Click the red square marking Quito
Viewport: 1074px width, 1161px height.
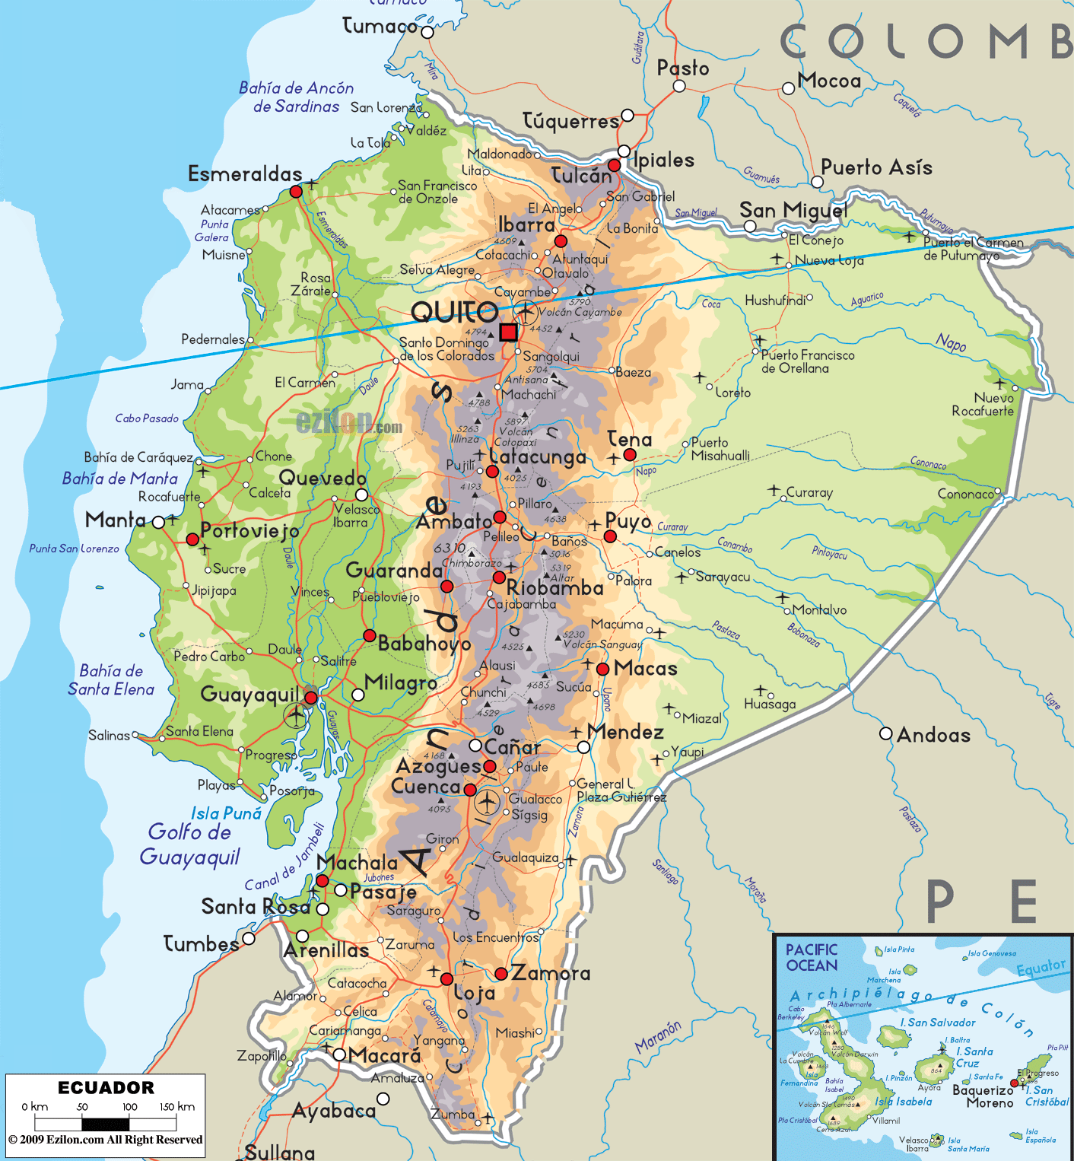[x=508, y=332]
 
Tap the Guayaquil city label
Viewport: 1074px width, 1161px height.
[x=249, y=694]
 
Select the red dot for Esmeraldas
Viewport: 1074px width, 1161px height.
[x=296, y=192]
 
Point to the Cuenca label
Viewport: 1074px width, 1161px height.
[x=426, y=787]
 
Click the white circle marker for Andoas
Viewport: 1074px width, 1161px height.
[x=885, y=733]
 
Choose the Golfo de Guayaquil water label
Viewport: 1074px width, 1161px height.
[x=189, y=845]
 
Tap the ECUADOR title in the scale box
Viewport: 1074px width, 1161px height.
[x=106, y=1087]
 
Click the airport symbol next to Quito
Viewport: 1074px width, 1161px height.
[x=526, y=312]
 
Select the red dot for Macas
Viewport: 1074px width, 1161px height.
[x=602, y=670]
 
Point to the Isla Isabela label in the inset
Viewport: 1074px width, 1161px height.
[x=903, y=1102]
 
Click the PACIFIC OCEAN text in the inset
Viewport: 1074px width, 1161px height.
[x=812, y=957]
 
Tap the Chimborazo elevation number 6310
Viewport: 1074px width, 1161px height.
[x=449, y=549]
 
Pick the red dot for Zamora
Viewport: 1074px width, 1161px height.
[x=500, y=974]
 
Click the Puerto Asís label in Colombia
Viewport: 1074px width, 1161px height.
[x=876, y=167]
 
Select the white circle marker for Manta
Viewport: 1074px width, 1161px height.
[x=158, y=522]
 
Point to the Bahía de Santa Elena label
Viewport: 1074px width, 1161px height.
[x=111, y=680]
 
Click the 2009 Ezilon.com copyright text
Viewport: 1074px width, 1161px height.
[x=106, y=1140]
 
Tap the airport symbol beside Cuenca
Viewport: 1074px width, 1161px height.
[x=487, y=801]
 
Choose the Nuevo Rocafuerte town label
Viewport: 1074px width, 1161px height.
[x=983, y=404]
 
